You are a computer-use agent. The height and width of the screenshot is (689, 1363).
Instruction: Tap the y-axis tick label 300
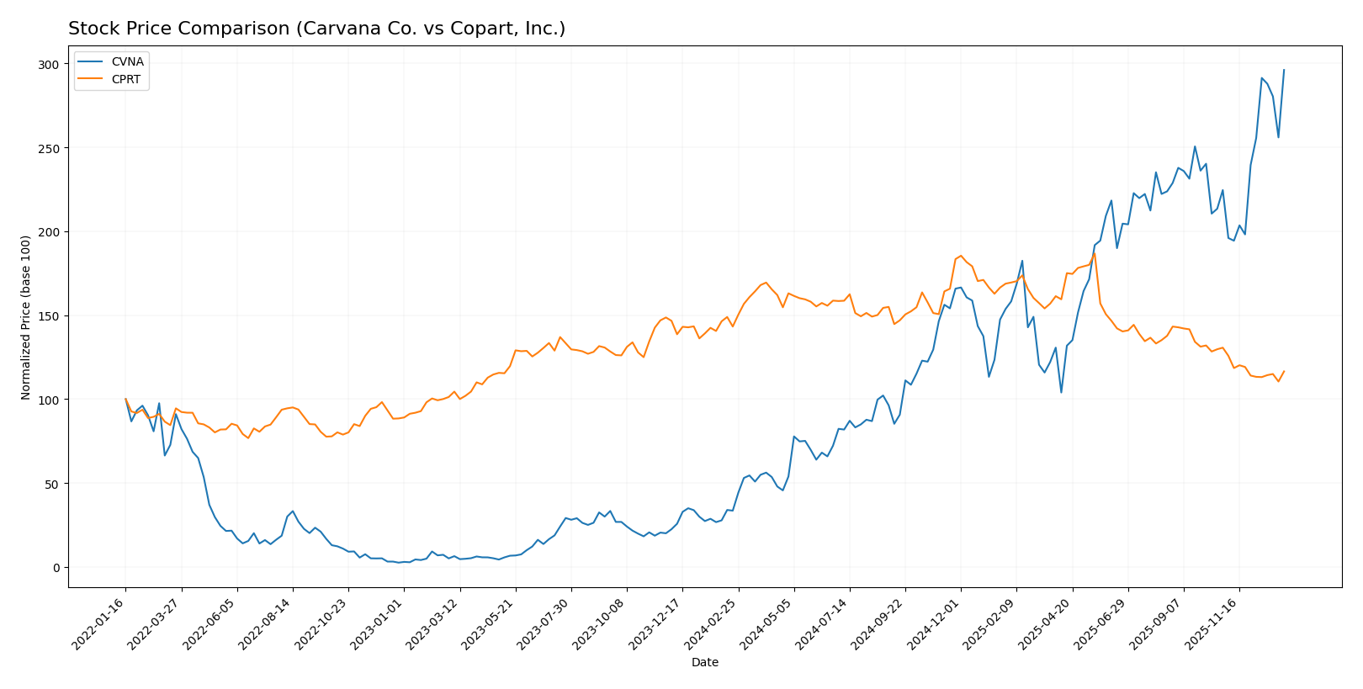50,65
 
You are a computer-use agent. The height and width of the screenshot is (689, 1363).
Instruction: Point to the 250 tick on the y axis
50,148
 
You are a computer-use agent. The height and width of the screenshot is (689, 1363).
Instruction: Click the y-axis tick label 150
50,316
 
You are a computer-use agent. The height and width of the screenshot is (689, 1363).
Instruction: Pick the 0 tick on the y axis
56,568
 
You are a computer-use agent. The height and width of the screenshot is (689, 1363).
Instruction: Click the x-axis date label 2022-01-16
100,624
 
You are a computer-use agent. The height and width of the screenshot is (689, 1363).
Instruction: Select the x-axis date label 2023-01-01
379,624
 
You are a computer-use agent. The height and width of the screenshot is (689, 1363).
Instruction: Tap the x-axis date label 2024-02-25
713,624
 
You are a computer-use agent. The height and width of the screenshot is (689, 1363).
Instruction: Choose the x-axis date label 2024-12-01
936,624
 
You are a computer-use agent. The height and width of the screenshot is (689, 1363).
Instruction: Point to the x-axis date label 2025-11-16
1214,624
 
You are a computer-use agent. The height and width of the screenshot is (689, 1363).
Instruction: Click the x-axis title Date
705,663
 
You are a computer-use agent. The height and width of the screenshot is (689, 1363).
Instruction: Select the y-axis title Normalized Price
26,317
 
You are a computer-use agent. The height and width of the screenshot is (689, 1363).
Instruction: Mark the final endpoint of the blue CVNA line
1284,70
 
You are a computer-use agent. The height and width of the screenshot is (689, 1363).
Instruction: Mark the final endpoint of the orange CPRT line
1284,371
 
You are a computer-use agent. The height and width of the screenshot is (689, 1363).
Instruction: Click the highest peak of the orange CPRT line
1094,253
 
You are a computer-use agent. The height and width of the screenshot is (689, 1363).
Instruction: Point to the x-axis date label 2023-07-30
546,624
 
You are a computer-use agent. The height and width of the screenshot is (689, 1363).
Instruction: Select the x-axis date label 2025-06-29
1103,624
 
